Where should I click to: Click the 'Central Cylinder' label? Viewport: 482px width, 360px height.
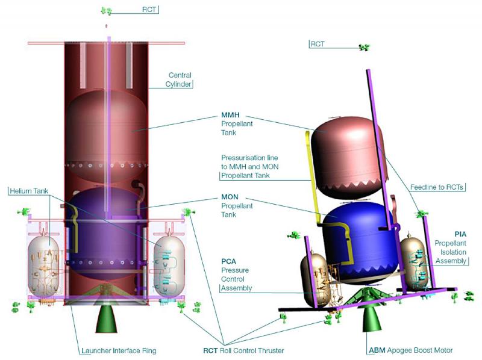pyautogui.click(x=178, y=79)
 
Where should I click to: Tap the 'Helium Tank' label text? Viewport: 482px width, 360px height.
pyautogui.click(x=29, y=191)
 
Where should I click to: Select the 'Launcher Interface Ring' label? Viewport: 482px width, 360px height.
pyautogui.click(x=119, y=350)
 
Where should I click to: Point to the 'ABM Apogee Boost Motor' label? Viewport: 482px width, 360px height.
pyautogui.click(x=411, y=350)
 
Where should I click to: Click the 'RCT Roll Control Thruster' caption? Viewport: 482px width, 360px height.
pyautogui.click(x=243, y=350)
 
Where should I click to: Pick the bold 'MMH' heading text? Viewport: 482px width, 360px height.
pyautogui.click(x=230, y=115)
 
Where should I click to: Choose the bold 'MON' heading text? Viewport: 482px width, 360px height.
pyautogui.click(x=230, y=197)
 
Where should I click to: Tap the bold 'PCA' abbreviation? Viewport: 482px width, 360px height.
pyautogui.click(x=229, y=261)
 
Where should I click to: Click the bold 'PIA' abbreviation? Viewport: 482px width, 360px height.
pyautogui.click(x=460, y=234)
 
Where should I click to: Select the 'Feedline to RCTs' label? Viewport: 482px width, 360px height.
pyautogui.click(x=436, y=187)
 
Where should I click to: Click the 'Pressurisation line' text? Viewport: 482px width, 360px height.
pyautogui.click(x=249, y=158)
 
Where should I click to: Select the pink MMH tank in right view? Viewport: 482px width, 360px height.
pyautogui.click(x=348, y=157)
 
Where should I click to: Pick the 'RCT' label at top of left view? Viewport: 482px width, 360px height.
pyautogui.click(x=149, y=10)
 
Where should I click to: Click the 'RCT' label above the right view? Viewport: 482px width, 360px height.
pyautogui.click(x=318, y=44)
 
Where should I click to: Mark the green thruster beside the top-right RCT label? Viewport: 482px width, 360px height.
pyautogui.click(x=364, y=48)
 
